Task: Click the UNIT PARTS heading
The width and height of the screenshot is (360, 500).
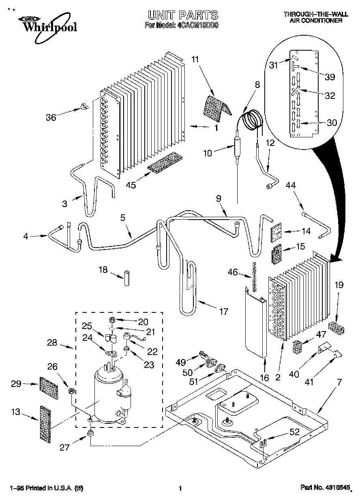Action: [x=182, y=15]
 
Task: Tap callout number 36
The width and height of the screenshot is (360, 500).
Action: [x=51, y=118]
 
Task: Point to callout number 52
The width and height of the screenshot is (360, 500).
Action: [x=294, y=432]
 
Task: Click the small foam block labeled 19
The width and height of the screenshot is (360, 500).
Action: [x=338, y=327]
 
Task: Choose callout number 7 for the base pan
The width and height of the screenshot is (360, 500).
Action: [x=339, y=382]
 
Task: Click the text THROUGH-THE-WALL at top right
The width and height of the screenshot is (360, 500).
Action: [x=313, y=14]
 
